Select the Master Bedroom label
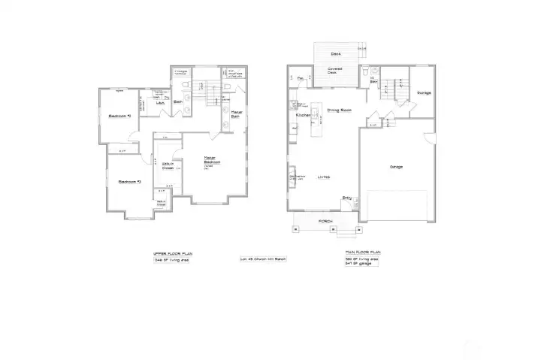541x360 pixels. [x=211, y=161]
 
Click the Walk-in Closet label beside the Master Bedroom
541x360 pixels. [x=168, y=167]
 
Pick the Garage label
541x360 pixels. [x=395, y=167]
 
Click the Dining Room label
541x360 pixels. [x=340, y=110]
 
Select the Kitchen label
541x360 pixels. [x=303, y=116]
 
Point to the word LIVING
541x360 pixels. [x=324, y=177]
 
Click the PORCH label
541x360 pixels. [x=325, y=221]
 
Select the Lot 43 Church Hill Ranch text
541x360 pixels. [x=263, y=259]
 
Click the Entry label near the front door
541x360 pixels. [x=347, y=198]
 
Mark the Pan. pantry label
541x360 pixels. [x=300, y=78]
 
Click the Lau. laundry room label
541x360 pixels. [x=160, y=102]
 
